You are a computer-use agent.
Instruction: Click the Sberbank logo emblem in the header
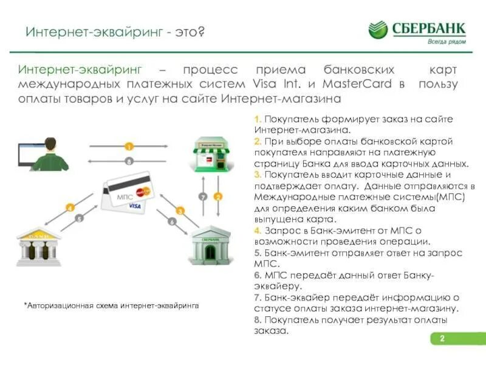coord(378,29)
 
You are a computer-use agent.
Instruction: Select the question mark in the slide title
coord(200,31)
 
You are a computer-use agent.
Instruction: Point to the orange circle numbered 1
coord(129,147)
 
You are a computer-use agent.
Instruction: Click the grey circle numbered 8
coord(129,161)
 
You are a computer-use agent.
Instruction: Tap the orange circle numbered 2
coord(219,196)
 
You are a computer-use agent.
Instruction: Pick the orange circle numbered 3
coord(180,210)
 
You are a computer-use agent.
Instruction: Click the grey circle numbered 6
coord(172,222)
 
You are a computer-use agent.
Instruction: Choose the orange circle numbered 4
coord(70,207)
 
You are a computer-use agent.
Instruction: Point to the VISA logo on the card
coord(135,206)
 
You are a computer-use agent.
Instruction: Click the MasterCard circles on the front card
coord(144,192)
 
